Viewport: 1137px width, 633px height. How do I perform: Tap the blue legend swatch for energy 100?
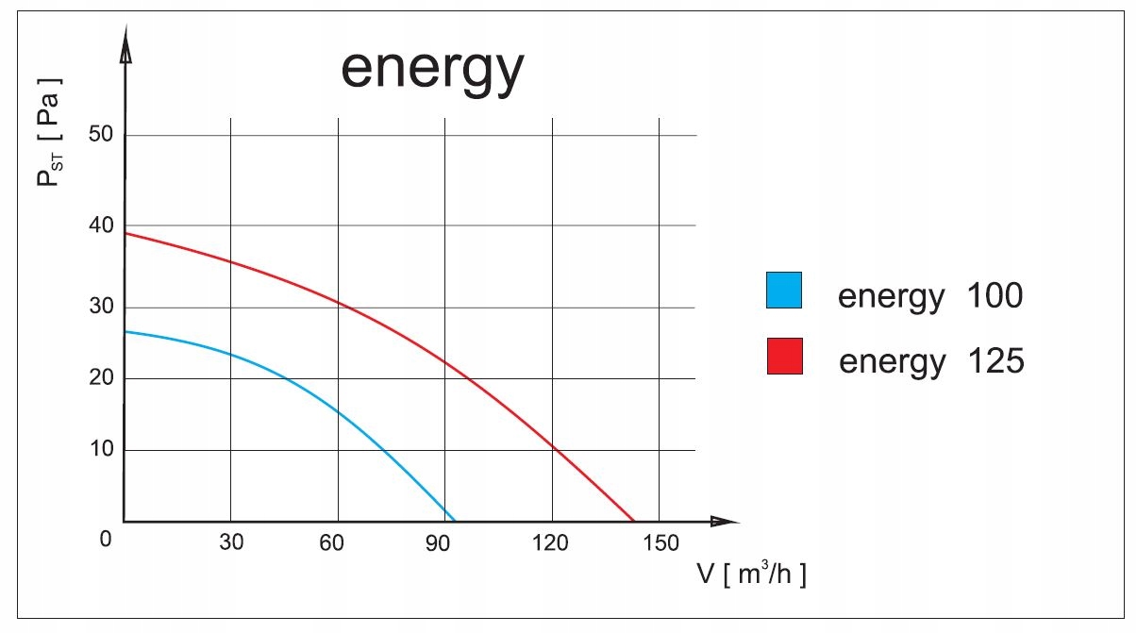[x=784, y=291]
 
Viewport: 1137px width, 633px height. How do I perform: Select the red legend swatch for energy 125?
[x=784, y=356]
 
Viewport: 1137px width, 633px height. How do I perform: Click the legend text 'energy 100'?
[x=929, y=296]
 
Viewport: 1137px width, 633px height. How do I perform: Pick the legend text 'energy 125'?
[x=930, y=360]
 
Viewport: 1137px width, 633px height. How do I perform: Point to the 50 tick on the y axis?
[x=100, y=134]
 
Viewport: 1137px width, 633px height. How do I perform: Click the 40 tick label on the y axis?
[x=100, y=225]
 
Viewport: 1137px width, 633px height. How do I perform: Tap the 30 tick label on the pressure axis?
[x=100, y=307]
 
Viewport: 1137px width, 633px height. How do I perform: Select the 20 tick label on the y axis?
[x=100, y=377]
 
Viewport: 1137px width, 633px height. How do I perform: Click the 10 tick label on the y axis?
[x=100, y=449]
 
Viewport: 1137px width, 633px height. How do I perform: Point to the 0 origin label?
[x=106, y=539]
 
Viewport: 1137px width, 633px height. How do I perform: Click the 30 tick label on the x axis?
[x=231, y=542]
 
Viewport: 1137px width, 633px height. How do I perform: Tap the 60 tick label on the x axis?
[x=331, y=542]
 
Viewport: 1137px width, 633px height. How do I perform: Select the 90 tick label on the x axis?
[x=438, y=542]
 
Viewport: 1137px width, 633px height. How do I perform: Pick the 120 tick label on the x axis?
[x=551, y=542]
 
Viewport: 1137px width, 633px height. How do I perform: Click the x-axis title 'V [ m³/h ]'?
[x=751, y=575]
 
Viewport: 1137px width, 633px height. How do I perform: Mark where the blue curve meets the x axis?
[x=455, y=521]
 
